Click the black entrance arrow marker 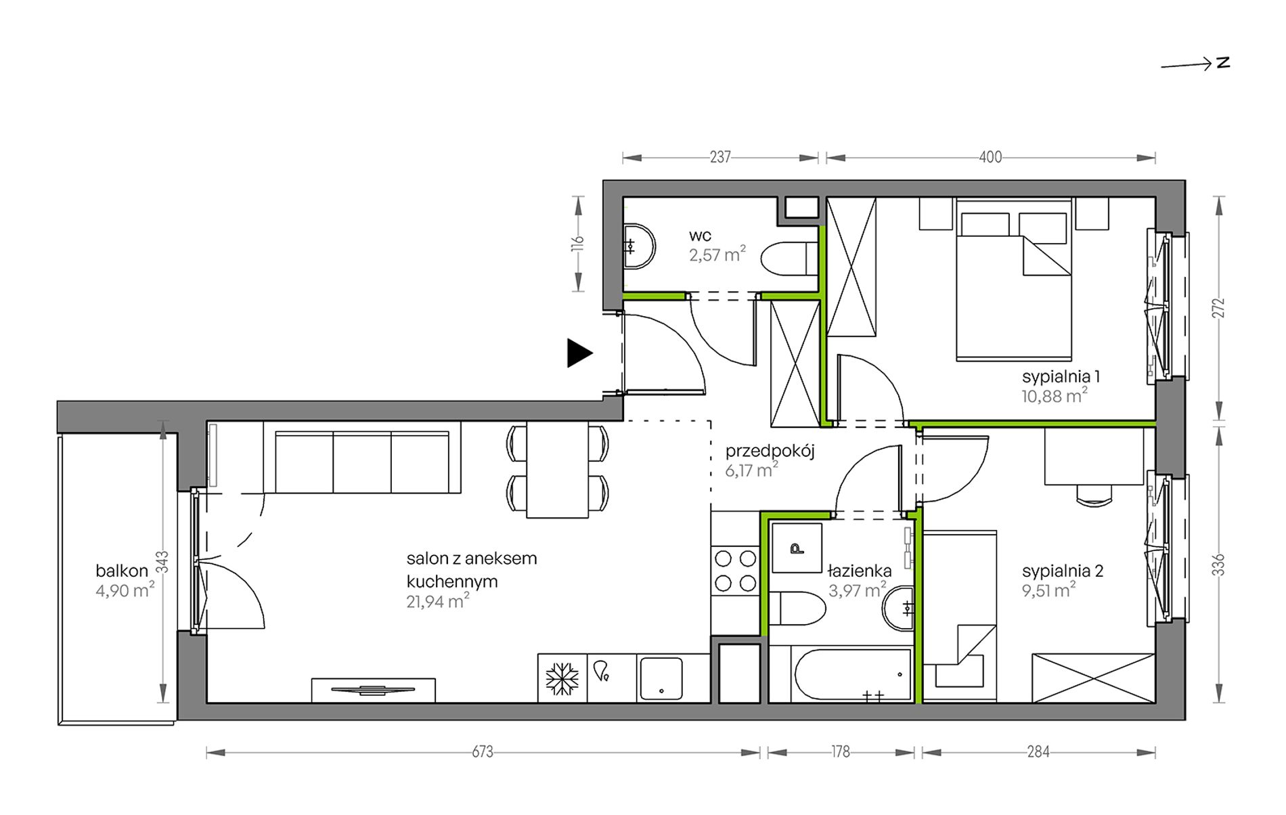click(x=579, y=353)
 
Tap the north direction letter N click(x=1223, y=63)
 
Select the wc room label click(x=700, y=236)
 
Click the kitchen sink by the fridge click(x=661, y=678)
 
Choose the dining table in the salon click(x=557, y=470)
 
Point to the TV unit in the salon click(x=373, y=690)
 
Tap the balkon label click(x=122, y=571)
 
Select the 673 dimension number click(x=483, y=751)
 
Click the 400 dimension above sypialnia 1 click(x=990, y=157)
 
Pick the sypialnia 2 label click(x=1063, y=571)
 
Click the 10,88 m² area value click(x=1055, y=395)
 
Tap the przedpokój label click(x=770, y=451)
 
